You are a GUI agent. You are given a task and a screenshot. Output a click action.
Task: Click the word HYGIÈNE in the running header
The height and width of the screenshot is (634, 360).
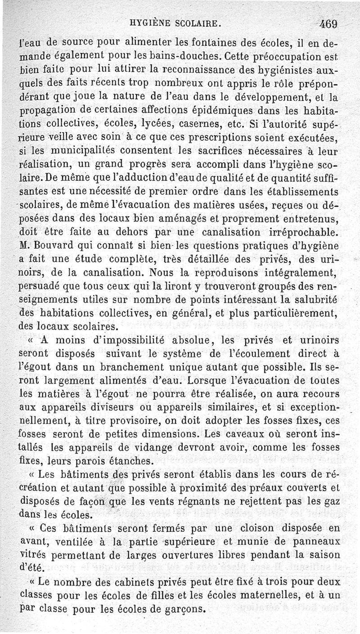pyautogui.click(x=149, y=23)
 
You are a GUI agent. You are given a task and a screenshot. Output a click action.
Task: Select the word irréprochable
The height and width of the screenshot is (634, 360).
pyautogui.click(x=296, y=233)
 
